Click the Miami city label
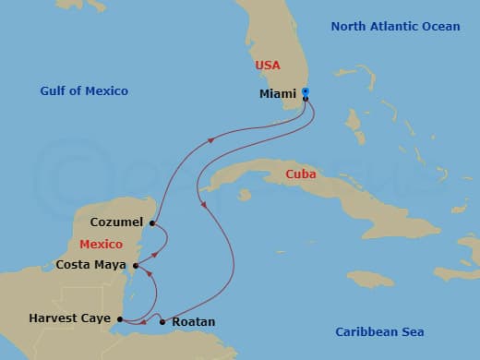(278, 94)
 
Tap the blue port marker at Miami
(306, 91)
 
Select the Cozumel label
(116, 222)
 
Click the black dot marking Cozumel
(151, 222)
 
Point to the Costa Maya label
(92, 264)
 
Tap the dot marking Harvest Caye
(122, 320)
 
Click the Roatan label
(194, 321)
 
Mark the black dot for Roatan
(162, 321)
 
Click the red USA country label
(268, 66)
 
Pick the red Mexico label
(102, 244)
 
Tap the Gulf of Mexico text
(84, 91)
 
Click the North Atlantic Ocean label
(395, 27)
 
